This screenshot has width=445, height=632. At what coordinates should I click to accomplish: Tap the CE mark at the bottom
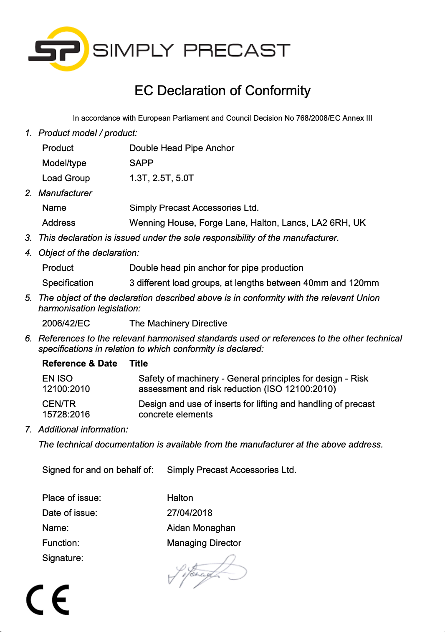(x=48, y=600)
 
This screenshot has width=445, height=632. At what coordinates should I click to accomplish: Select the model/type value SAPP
(x=142, y=163)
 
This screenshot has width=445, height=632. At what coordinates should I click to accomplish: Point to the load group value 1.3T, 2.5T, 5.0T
(x=162, y=178)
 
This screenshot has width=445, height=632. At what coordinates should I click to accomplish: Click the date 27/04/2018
(x=190, y=513)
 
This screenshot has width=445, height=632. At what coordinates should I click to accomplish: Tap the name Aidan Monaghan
(x=201, y=528)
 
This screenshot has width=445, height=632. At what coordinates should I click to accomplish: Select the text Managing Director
(x=204, y=543)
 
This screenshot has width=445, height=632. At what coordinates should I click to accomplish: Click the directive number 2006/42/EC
(x=66, y=324)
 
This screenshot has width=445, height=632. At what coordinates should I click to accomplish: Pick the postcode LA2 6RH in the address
(x=330, y=223)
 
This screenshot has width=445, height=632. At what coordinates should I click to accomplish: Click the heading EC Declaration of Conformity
(x=222, y=91)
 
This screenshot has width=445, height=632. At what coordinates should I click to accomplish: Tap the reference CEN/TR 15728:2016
(x=66, y=409)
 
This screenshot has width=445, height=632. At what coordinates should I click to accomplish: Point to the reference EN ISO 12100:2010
(x=66, y=384)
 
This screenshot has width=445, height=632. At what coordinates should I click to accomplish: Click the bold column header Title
(x=139, y=364)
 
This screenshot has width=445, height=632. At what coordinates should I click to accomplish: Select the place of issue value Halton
(x=180, y=498)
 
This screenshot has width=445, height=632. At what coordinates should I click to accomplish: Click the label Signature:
(x=63, y=558)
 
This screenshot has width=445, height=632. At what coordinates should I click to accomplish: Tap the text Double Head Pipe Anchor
(x=182, y=148)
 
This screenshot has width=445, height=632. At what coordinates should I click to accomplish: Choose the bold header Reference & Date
(x=79, y=364)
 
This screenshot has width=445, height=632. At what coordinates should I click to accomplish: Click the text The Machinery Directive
(x=178, y=324)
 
